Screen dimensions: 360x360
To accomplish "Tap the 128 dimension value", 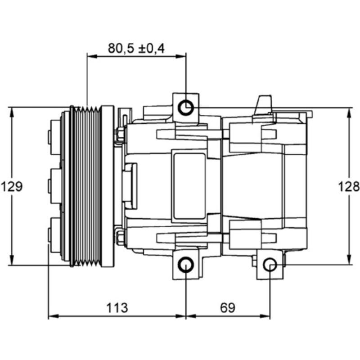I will coord(349,186).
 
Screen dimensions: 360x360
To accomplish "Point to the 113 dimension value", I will coord(117,308).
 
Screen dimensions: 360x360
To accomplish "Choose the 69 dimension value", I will coord(228,308).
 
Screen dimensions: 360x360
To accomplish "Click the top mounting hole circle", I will coord(186,108).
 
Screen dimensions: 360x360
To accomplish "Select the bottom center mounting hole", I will coord(186,265).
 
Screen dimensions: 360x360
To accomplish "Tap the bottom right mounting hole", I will coord(270,265).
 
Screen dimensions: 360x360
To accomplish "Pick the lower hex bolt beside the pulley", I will coord(120,237).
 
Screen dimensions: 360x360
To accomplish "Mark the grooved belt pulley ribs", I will coord(88,186).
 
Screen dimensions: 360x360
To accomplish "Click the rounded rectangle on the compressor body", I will coord(189,186).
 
